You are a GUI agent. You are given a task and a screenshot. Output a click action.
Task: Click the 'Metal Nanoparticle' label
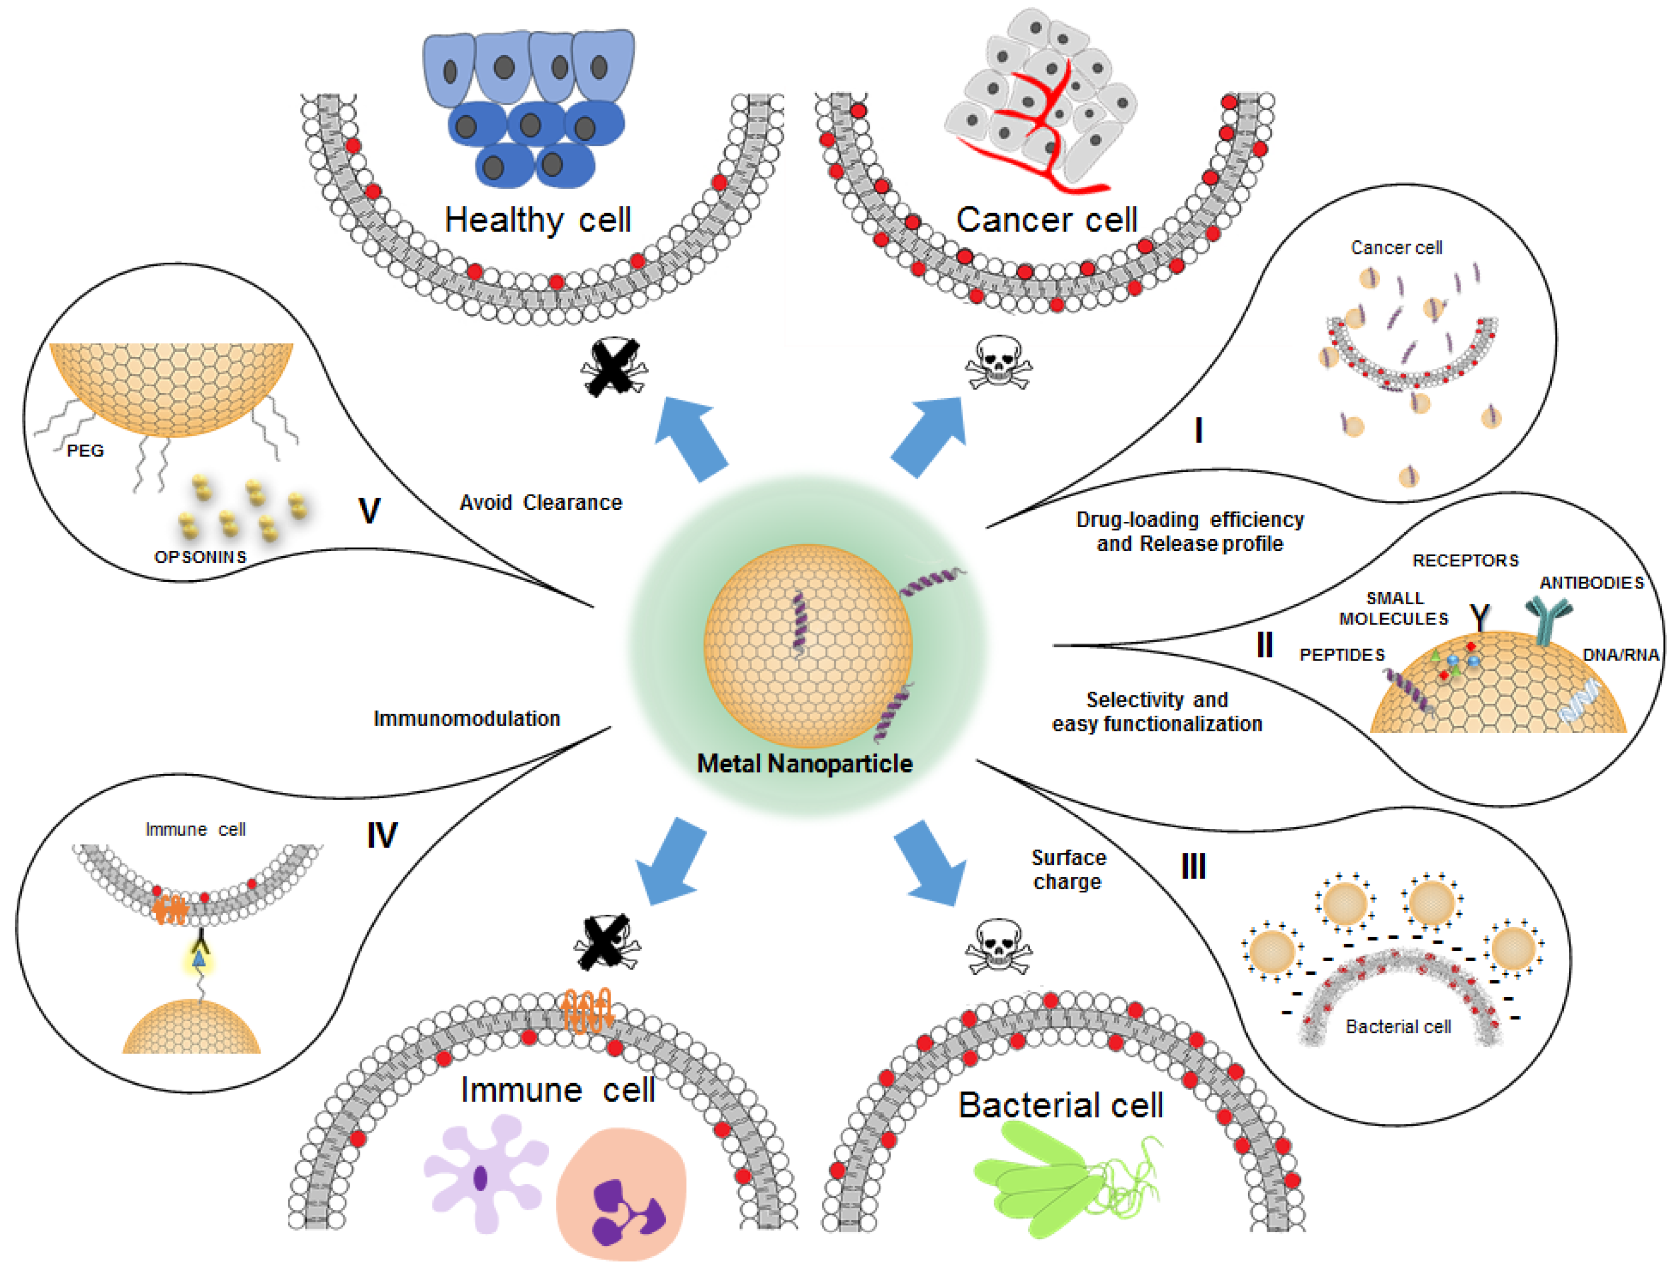click(805, 764)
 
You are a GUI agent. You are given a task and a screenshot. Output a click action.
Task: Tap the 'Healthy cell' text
click(538, 220)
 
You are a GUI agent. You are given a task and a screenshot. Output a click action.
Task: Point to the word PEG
click(85, 451)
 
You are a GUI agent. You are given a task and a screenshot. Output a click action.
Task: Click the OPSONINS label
click(200, 557)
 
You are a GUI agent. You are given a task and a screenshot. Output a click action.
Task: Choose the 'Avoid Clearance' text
click(540, 502)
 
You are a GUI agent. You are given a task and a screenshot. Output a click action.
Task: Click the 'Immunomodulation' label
click(467, 719)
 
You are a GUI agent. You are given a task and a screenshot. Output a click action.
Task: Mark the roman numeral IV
click(382, 836)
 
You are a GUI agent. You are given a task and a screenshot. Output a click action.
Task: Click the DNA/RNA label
click(1621, 654)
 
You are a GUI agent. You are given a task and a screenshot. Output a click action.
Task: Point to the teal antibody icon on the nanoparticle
click(1548, 619)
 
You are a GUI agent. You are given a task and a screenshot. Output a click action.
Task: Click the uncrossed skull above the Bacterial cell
click(998, 947)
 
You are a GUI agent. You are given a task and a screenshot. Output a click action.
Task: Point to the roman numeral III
click(1193, 866)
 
